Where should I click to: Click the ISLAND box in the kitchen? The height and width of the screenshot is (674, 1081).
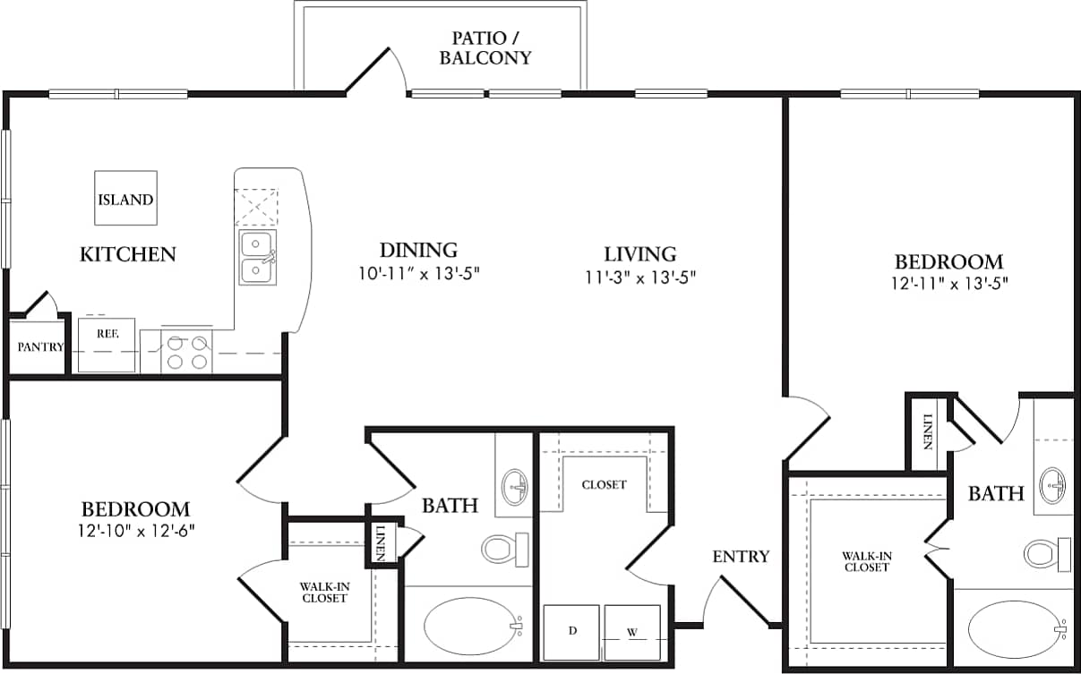[125, 199]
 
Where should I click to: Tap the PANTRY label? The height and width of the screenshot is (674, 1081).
[39, 347]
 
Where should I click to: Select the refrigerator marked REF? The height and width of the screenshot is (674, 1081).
[106, 345]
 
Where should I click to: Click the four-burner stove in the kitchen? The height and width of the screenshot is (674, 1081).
[187, 352]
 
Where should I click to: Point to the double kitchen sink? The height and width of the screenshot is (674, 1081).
[257, 257]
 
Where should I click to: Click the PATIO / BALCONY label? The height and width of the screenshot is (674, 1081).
[491, 48]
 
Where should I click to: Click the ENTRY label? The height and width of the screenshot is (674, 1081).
[741, 557]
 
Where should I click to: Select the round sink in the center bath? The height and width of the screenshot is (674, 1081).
[515, 486]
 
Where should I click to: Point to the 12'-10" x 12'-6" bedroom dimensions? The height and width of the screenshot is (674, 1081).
[137, 530]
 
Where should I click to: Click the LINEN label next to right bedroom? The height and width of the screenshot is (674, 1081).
[929, 431]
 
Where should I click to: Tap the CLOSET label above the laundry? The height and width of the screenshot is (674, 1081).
[604, 484]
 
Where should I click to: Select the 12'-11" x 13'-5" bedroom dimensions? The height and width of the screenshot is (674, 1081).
[949, 284]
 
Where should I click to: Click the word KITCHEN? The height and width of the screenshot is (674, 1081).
[128, 254]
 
